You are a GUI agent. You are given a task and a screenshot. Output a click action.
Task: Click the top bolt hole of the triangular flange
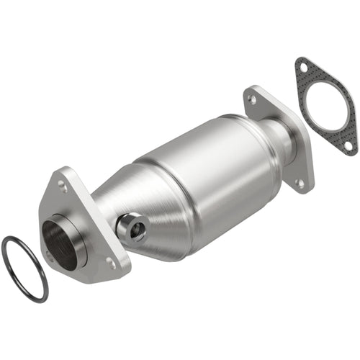click(63, 184)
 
